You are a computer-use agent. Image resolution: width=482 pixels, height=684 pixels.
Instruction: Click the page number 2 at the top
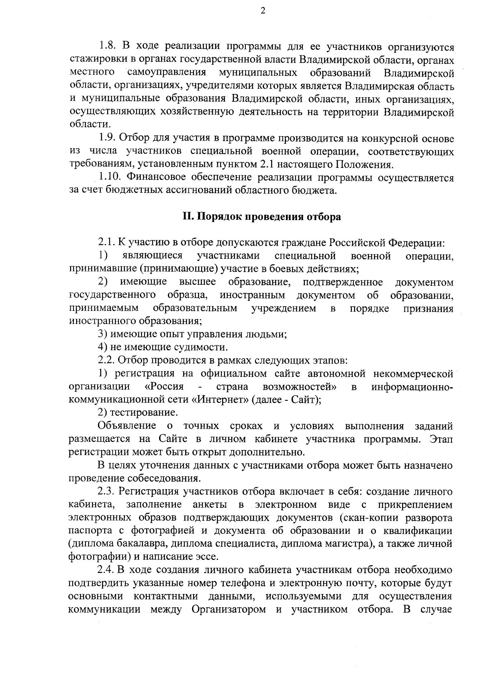[x=263, y=11]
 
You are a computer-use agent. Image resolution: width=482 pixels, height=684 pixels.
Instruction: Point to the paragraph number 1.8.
[x=108, y=48]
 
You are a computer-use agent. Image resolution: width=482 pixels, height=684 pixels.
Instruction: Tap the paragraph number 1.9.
[x=108, y=139]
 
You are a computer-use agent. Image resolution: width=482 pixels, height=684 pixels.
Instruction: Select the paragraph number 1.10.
[x=110, y=178]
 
